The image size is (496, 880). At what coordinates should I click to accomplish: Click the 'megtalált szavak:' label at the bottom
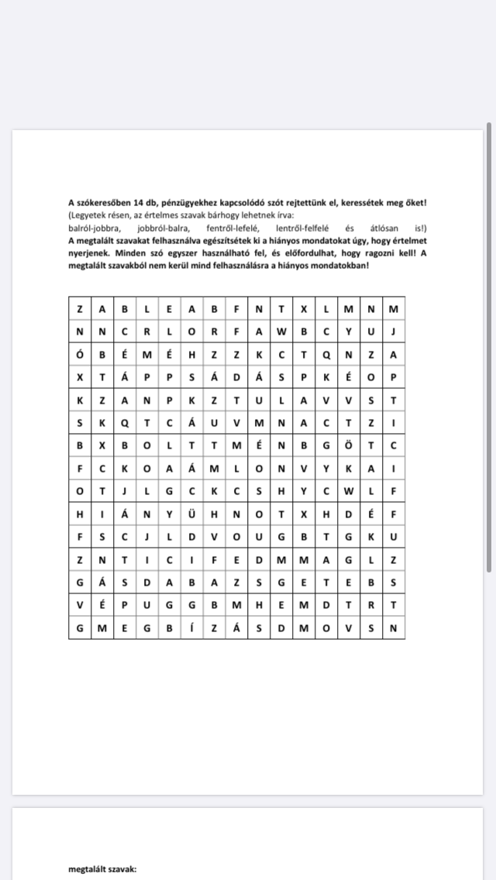click(102, 870)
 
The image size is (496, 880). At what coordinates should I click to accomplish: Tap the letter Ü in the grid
click(191, 512)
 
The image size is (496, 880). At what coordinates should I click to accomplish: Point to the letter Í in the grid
click(191, 627)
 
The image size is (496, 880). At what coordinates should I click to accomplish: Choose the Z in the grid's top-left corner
click(80, 309)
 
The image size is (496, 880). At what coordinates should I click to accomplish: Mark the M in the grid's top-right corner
click(394, 309)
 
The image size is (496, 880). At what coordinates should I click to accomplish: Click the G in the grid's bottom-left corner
click(80, 627)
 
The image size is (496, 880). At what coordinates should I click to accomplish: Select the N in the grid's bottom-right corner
click(394, 627)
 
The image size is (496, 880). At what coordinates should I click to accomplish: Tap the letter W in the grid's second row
click(281, 332)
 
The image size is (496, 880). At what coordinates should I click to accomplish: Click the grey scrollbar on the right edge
click(488, 349)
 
